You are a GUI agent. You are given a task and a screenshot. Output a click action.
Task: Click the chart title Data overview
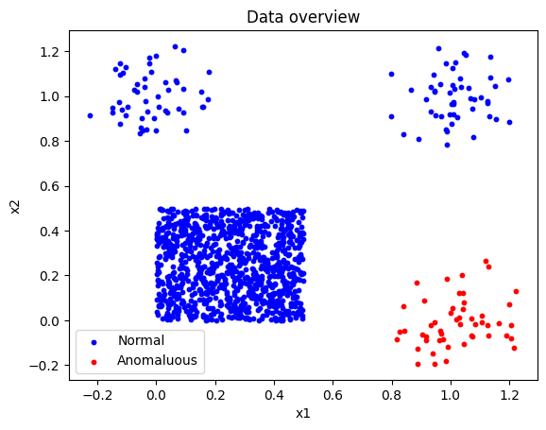(x=303, y=17)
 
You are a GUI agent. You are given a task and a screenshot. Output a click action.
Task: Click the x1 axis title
(x=303, y=414)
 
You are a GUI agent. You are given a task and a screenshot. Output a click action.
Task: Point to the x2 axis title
(x=15, y=206)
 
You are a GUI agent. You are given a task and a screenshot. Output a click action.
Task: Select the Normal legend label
(x=141, y=340)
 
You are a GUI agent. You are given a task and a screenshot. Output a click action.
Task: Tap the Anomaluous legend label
(x=157, y=360)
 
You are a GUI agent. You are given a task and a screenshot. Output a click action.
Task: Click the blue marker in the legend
(x=94, y=342)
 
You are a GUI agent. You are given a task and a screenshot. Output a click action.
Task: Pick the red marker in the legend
(x=94, y=362)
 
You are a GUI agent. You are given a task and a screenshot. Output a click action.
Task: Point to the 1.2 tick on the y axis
(x=49, y=52)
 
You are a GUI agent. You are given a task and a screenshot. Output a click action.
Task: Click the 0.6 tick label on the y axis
(x=49, y=186)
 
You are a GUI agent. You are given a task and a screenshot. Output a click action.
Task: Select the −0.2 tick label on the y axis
(x=44, y=366)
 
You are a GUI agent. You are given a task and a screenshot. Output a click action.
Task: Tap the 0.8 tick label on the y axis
(x=49, y=142)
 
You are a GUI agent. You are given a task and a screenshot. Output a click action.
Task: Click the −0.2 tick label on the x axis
(x=97, y=395)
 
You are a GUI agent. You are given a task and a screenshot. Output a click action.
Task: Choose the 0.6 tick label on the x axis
(x=333, y=395)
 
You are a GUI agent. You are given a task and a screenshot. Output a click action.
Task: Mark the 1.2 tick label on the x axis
(x=509, y=395)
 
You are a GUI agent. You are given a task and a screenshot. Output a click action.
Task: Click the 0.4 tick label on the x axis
(x=274, y=395)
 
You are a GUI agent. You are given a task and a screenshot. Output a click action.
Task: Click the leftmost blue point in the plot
(x=90, y=115)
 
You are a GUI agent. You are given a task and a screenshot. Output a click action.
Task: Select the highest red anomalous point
(x=486, y=262)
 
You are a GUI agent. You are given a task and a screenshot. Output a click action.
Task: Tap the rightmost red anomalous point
(x=516, y=291)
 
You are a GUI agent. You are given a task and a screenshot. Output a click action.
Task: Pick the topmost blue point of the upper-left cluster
(x=175, y=46)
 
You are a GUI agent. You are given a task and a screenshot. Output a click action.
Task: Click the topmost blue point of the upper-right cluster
(x=438, y=49)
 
